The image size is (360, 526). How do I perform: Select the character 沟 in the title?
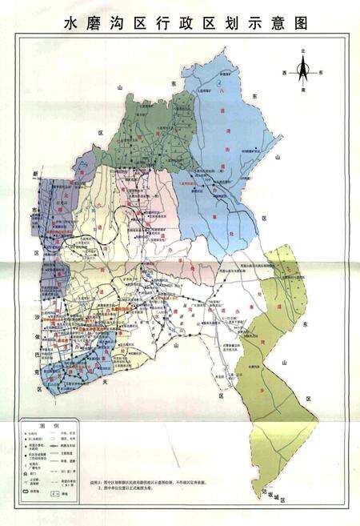pyautogui.click(x=122, y=23)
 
